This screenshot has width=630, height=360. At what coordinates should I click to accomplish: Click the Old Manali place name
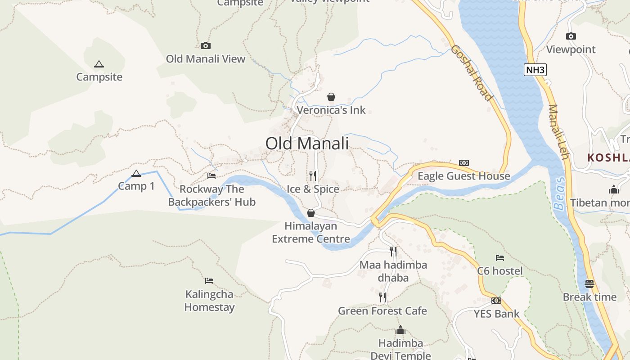307,144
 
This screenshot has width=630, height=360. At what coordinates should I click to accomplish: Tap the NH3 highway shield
535,70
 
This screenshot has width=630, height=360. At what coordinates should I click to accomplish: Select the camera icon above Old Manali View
205,45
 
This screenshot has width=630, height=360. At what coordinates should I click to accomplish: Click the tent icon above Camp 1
136,173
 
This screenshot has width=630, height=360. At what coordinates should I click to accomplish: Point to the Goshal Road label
472,72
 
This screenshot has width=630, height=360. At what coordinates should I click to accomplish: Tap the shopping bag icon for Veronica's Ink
331,97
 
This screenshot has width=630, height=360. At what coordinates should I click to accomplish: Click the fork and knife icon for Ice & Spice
313,175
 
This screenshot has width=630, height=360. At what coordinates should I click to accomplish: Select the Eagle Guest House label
463,176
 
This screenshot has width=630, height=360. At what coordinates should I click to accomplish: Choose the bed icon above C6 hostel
499,258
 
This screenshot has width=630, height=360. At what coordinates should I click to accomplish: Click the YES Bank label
496,314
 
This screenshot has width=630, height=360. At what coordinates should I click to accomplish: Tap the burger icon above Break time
589,283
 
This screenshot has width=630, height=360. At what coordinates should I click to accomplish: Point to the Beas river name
559,193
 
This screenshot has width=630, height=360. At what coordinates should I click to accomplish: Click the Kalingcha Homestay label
209,301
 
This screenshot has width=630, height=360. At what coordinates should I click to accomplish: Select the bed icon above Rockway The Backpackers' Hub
211,175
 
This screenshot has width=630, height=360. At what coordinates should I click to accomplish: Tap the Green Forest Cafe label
382,311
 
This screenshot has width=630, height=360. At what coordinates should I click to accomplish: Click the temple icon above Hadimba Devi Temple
400,330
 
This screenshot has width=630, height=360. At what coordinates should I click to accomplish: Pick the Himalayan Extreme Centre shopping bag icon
310,213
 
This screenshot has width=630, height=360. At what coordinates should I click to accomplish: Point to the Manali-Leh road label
558,131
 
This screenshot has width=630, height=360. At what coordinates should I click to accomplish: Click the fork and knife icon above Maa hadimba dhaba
393,251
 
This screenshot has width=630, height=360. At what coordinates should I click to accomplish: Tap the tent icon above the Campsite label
99,64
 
